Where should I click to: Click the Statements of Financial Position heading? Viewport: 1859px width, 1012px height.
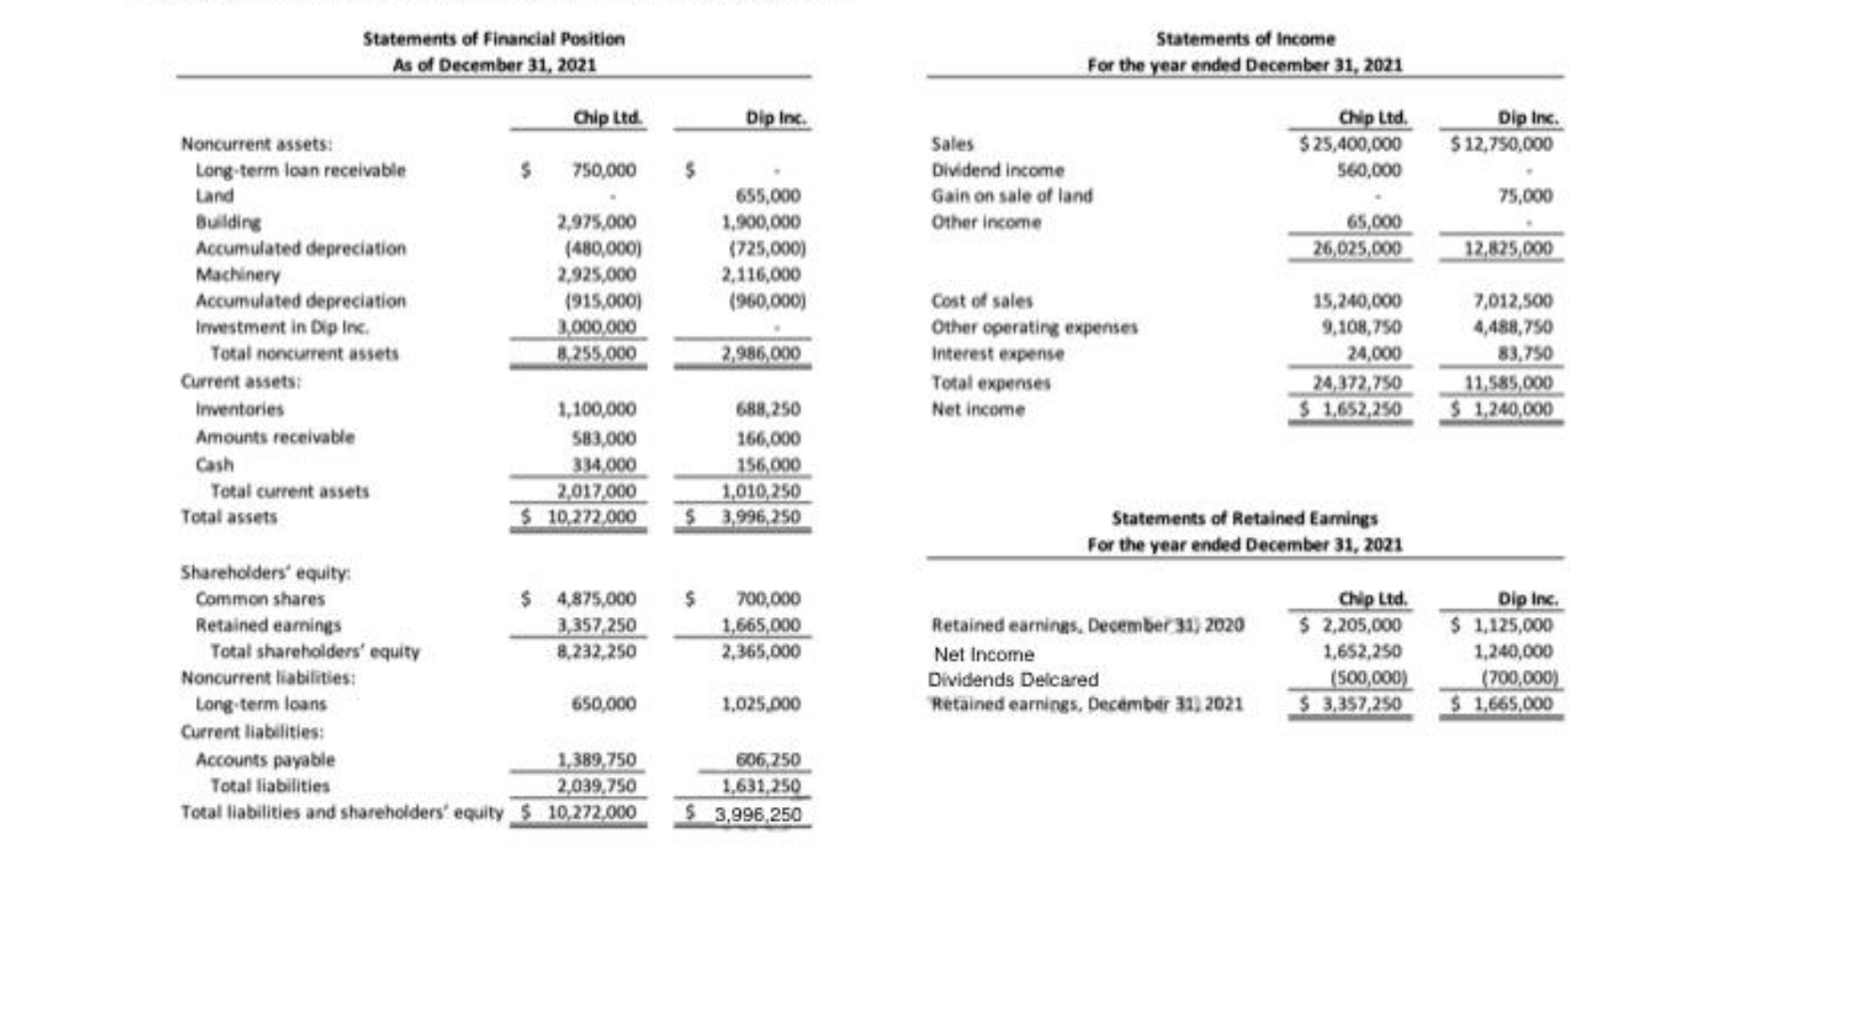coord(493,39)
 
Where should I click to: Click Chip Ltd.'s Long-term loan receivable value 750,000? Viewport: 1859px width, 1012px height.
coord(603,170)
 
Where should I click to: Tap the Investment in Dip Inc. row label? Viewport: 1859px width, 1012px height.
coord(281,327)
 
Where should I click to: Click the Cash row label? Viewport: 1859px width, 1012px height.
coord(214,465)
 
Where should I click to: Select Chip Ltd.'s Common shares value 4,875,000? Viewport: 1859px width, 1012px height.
coord(596,599)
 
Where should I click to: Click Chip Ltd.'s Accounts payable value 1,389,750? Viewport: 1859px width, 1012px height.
coord(596,760)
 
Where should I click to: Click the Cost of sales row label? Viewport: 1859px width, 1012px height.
coord(981,301)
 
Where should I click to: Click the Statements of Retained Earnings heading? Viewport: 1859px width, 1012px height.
coord(1244,518)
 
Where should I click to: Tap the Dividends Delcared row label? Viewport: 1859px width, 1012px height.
coord(1012,679)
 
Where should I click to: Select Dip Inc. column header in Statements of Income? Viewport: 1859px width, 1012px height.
coord(1527,119)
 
